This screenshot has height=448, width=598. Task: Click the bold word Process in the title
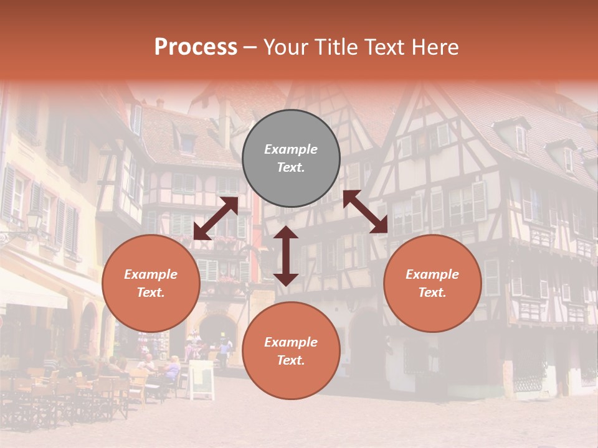pyautogui.click(x=196, y=47)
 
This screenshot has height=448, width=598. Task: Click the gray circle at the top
pyautogui.click(x=291, y=159)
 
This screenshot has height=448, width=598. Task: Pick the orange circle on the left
pyautogui.click(x=151, y=283)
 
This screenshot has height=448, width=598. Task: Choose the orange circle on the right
pyautogui.click(x=432, y=283)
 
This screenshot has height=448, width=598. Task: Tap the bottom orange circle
pyautogui.click(x=291, y=351)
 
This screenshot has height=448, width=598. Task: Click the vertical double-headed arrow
pyautogui.click(x=286, y=256)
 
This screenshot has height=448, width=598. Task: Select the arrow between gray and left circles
pyautogui.click(x=216, y=218)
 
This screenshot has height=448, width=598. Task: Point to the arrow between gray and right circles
pyautogui.click(x=366, y=212)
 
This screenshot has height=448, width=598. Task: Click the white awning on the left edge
pyautogui.click(x=31, y=292)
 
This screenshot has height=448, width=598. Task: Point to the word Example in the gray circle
pyautogui.click(x=291, y=149)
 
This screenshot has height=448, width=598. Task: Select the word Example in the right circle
pyautogui.click(x=432, y=274)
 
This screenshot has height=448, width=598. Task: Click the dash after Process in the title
pyautogui.click(x=250, y=47)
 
